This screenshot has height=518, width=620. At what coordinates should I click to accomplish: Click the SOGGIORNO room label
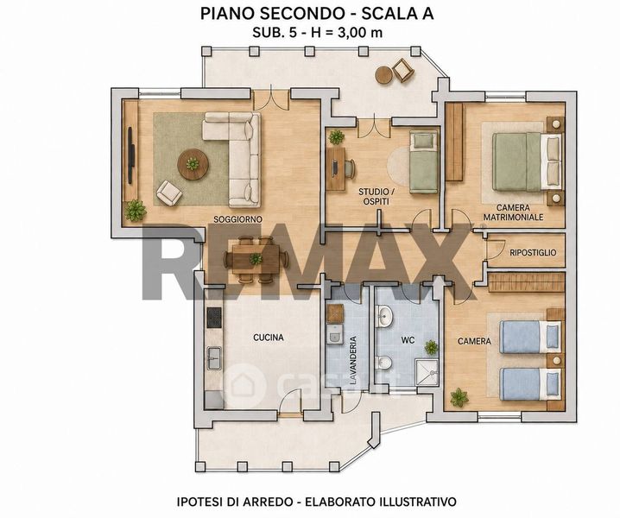tap(238, 219)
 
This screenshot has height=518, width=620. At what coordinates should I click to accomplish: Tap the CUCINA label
tap(269, 338)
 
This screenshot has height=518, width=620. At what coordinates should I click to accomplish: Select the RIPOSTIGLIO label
tap(533, 253)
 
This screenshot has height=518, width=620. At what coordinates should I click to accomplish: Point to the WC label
tap(408, 340)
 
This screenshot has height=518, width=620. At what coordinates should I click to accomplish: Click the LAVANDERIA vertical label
tap(353, 361)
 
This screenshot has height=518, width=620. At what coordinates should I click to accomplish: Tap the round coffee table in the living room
tap(193, 164)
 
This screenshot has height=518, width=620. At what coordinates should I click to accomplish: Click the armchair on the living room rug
tap(169, 193)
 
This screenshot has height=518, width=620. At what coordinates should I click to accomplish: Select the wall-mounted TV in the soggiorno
tap(131, 155)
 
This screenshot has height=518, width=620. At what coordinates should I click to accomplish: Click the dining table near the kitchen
tap(256, 259)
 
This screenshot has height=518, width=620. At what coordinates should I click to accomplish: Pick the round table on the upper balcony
tap(383, 75)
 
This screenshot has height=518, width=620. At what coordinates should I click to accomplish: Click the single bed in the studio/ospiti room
tap(424, 162)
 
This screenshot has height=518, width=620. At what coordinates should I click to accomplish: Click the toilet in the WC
tap(383, 362)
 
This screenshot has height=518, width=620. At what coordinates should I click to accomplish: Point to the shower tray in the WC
tap(427, 372)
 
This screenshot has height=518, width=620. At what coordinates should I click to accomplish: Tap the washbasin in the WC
tap(383, 316)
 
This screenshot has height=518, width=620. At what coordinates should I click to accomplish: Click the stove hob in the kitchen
tap(214, 318)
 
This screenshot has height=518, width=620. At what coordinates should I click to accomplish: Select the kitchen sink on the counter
tap(214, 358)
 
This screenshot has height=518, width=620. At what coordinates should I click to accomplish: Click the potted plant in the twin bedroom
tap(459, 397)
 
